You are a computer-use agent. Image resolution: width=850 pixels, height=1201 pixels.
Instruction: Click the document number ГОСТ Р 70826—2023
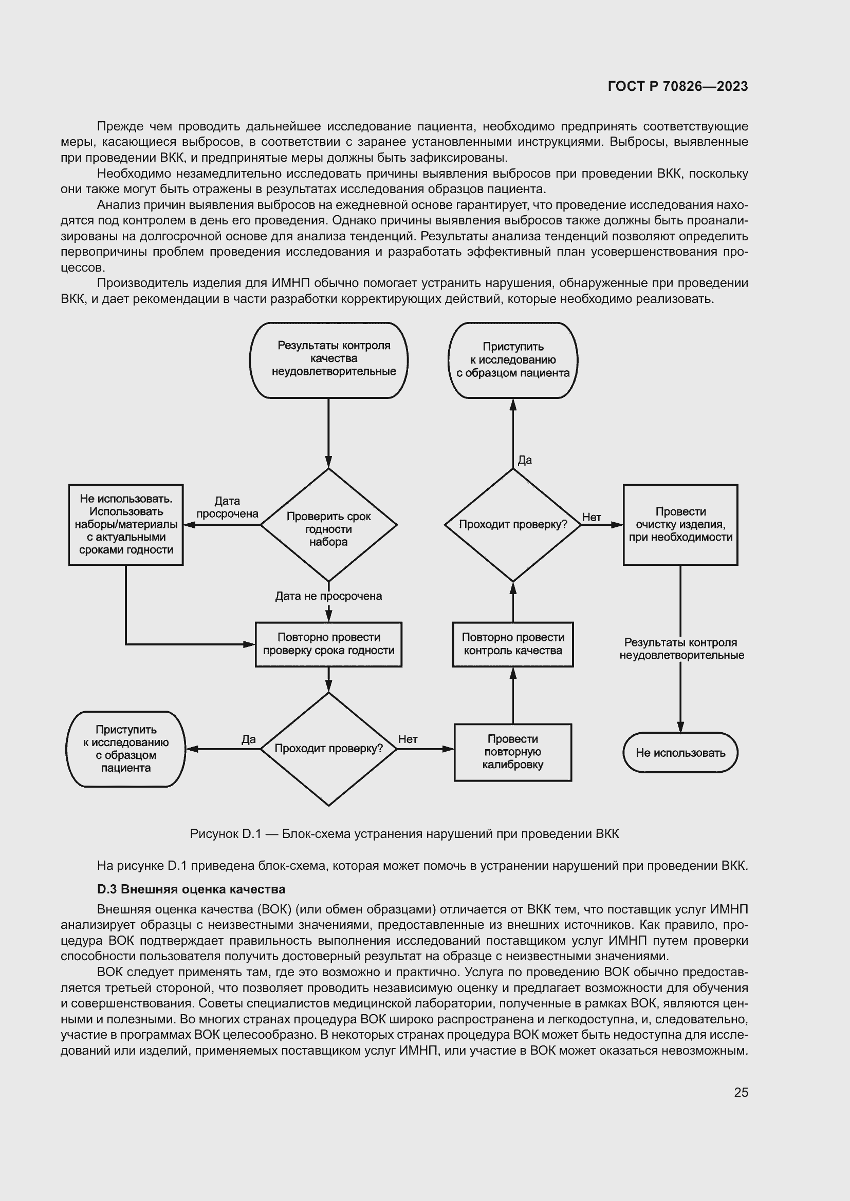678,86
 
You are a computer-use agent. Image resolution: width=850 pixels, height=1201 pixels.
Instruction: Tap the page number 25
741,1092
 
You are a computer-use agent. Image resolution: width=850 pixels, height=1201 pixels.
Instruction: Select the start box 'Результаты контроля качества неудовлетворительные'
329,359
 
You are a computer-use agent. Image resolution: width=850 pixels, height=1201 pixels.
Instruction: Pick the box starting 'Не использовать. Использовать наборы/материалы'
125,525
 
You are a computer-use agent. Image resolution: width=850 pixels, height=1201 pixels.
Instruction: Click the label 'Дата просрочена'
227,507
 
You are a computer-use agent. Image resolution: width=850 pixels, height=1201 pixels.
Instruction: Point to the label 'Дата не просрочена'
329,596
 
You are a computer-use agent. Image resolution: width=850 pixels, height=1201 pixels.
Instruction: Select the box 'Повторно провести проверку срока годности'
329,644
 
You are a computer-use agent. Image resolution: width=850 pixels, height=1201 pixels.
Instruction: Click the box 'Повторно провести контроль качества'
513,644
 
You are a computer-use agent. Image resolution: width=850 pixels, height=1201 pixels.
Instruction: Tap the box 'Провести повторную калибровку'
513,752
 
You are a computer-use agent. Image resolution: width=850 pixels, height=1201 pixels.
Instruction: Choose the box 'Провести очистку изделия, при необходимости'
680,525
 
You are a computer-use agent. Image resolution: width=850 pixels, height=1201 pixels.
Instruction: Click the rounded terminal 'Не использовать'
680,753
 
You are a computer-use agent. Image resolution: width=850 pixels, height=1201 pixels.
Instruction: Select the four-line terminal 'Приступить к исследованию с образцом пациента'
125,749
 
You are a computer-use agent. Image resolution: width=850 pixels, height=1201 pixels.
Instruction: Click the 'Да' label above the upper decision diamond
525,460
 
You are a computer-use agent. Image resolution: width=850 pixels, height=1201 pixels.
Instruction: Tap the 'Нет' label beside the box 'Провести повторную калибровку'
408,739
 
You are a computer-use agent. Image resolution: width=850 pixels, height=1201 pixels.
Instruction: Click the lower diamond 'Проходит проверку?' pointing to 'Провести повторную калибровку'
329,749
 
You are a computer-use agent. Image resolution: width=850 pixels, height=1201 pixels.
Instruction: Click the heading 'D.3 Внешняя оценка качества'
191,889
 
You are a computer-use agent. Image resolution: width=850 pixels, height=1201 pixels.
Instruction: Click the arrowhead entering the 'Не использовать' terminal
680,728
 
